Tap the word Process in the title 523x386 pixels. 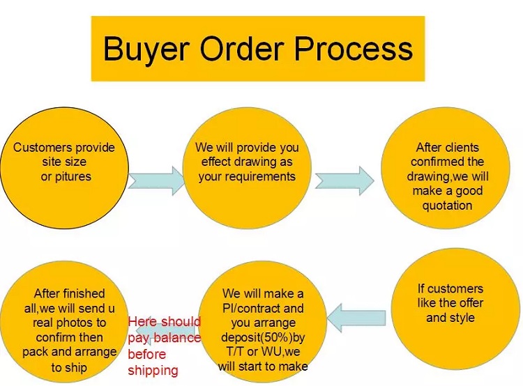(354, 48)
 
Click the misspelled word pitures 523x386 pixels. (73, 176)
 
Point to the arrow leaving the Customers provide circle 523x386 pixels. (156, 180)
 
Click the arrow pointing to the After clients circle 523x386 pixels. (344, 180)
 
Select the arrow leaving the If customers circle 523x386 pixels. (356, 318)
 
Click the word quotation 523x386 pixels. (447, 206)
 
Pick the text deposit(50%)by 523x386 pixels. (263, 337)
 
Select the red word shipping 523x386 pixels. (153, 371)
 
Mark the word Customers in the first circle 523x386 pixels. (43, 147)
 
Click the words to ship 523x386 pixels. (69, 367)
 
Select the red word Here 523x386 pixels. (142, 322)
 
